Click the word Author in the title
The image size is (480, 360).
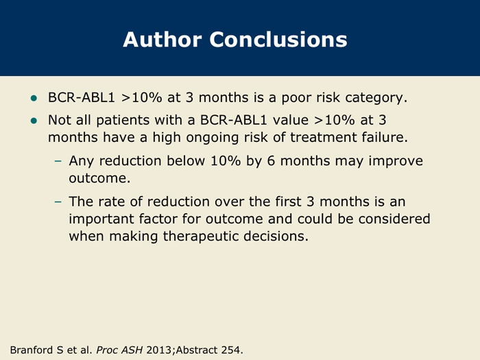tap(163, 40)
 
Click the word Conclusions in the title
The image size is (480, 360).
tap(278, 40)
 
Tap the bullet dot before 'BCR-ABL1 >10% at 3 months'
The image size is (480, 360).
tap(34, 98)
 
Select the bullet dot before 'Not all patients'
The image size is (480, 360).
tap(34, 121)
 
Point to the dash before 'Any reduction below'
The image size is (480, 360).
tap(58, 161)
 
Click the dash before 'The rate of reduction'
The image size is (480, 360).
tap(58, 202)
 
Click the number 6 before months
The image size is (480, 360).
tap(271, 160)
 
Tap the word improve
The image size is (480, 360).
tap(396, 161)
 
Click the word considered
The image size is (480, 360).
tap(394, 219)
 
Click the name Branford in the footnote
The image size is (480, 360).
tap(32, 350)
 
